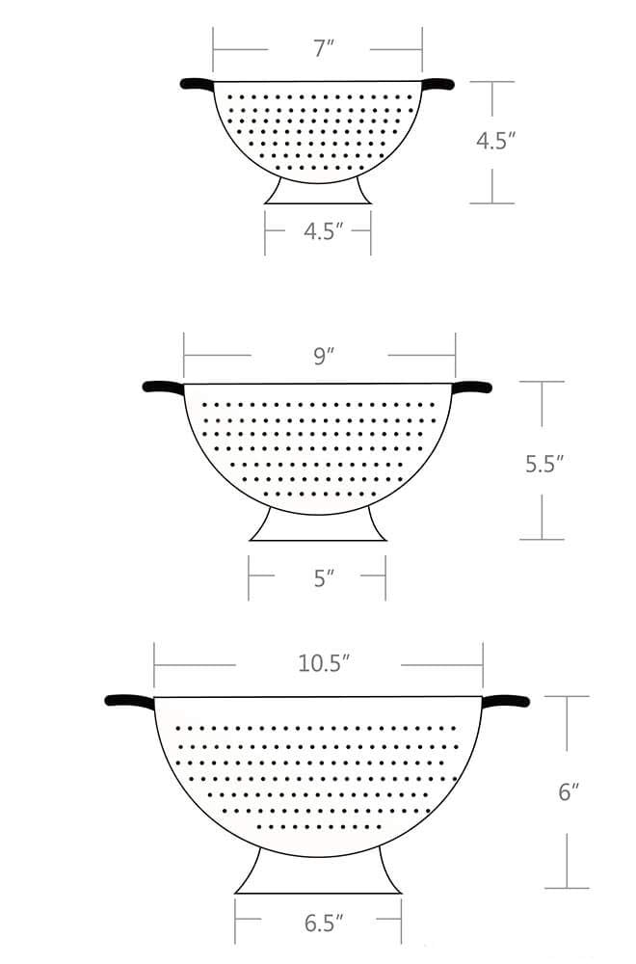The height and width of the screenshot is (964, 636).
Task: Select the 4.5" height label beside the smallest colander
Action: pyautogui.click(x=496, y=141)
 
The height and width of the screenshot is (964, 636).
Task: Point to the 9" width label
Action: pyautogui.click(x=323, y=356)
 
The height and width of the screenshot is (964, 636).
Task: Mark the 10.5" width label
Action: pyautogui.click(x=323, y=663)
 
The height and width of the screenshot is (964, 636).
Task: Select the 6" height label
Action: pyautogui.click(x=569, y=792)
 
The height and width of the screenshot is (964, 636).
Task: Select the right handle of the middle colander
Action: pyautogui.click(x=473, y=387)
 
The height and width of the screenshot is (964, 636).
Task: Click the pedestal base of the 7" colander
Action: pyautogui.click(x=318, y=192)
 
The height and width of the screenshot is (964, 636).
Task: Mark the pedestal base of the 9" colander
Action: pyautogui.click(x=318, y=525)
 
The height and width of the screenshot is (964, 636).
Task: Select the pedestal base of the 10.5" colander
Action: pyautogui.click(x=318, y=872)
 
